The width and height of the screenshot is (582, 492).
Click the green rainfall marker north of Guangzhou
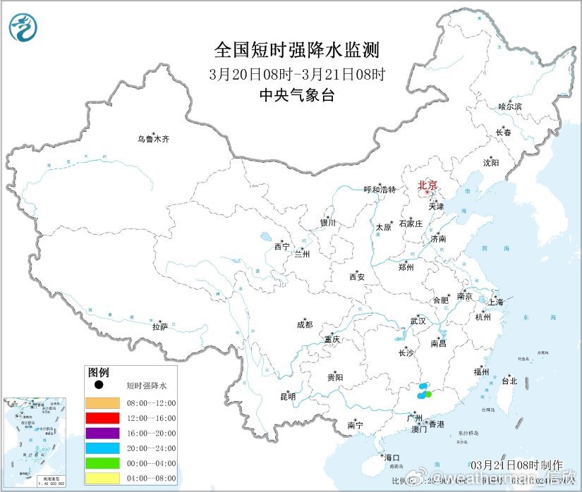tap(428, 394)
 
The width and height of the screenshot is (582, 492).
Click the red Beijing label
tap(428, 185)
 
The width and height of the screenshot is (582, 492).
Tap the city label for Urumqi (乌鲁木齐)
tap(153, 140)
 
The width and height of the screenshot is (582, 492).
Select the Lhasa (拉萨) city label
tap(160, 327)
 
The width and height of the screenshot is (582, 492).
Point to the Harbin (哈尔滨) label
tap(509, 106)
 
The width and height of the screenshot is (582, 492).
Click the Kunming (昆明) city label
tap(288, 397)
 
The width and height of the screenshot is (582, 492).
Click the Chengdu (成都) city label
tap(304, 325)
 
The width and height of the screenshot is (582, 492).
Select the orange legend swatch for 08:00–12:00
tap(102, 403)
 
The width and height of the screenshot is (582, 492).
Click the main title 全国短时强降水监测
tap(296, 50)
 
